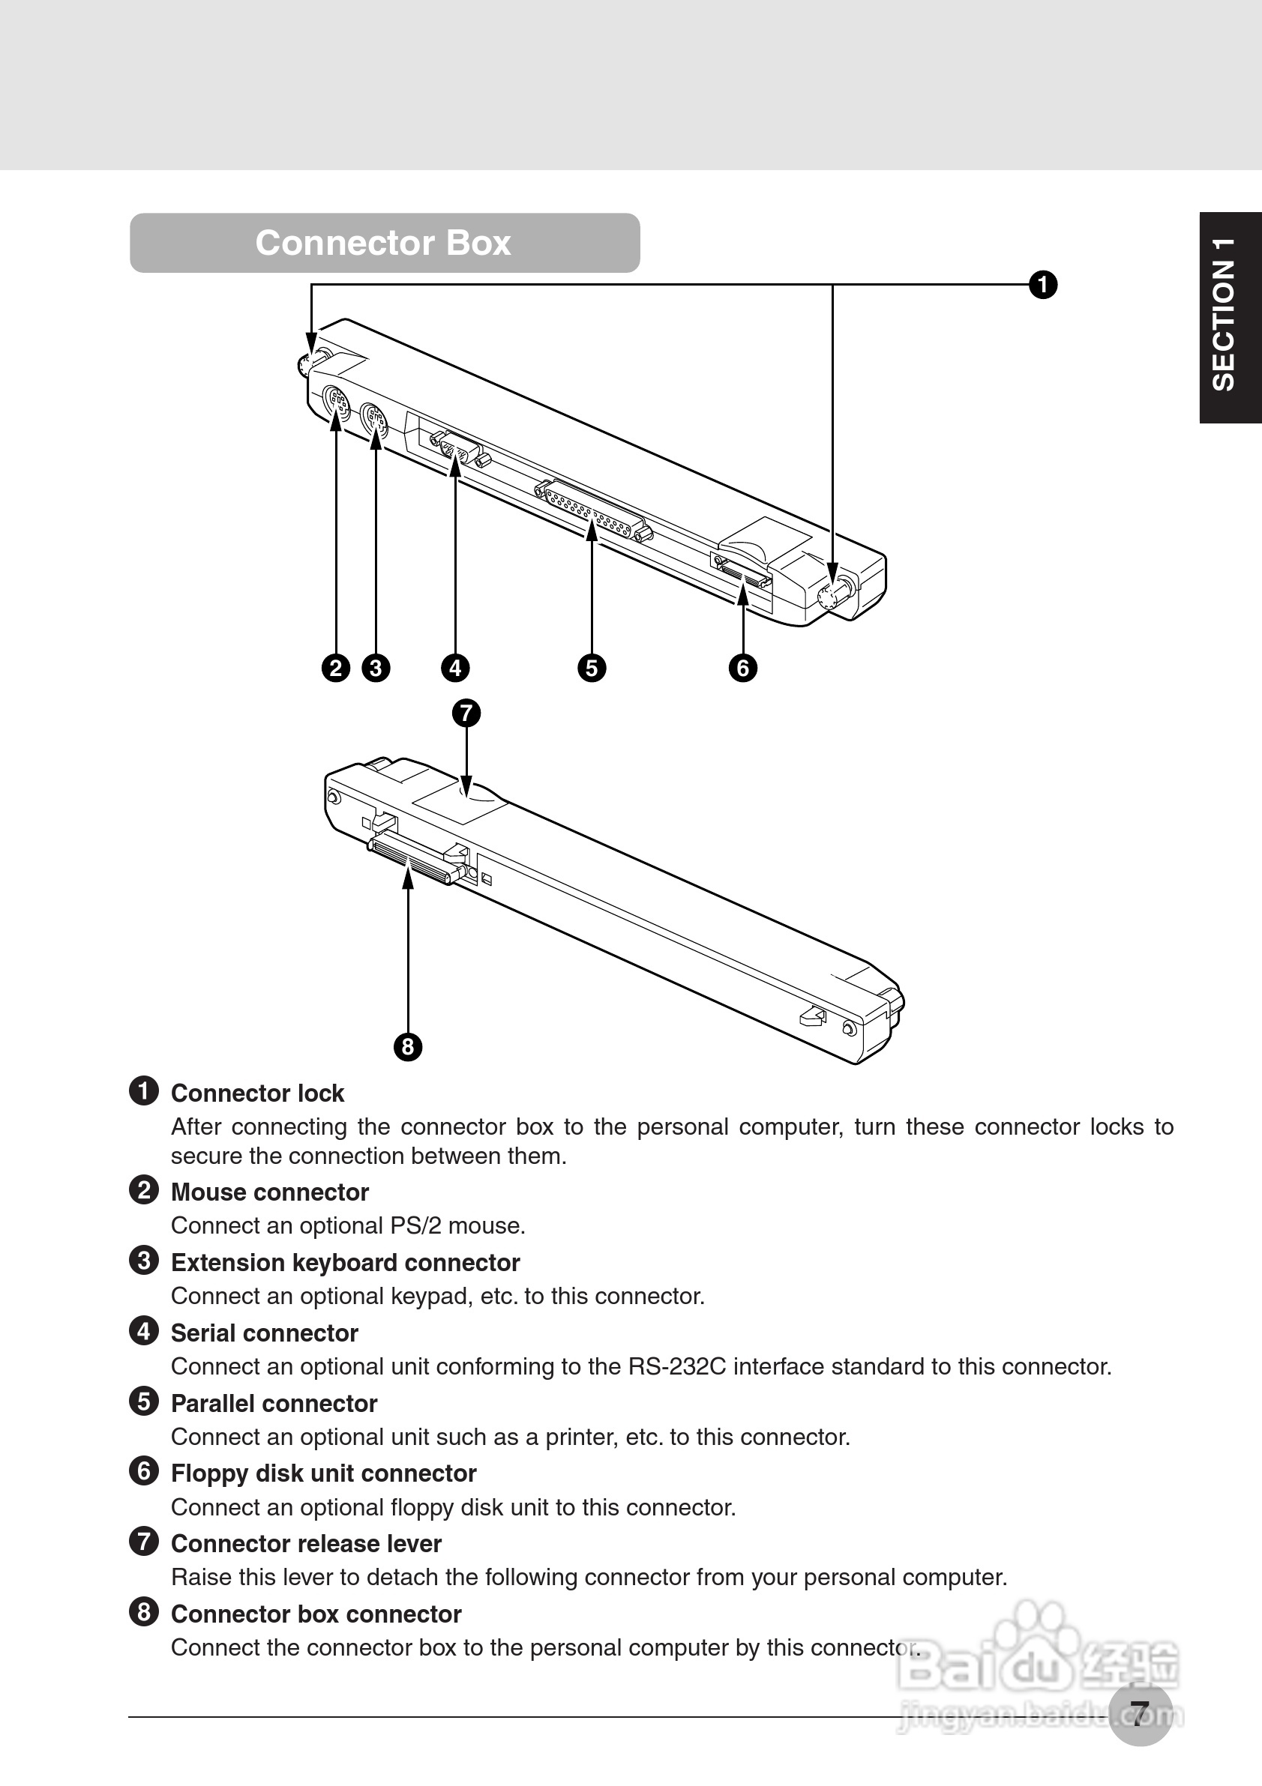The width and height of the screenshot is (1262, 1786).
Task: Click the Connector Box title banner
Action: [385, 243]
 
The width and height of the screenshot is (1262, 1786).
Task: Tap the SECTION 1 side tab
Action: [1229, 316]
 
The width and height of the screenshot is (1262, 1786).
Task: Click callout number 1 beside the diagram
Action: [1042, 285]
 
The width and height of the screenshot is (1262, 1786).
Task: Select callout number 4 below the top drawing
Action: [455, 669]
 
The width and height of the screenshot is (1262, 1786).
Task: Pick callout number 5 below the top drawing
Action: [592, 669]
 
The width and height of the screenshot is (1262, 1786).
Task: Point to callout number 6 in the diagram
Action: [743, 669]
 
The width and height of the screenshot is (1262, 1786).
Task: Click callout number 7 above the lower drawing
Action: [466, 714]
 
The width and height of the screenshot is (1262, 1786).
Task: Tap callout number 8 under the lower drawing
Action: [408, 1047]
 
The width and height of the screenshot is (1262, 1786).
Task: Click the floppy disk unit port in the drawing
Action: [743, 575]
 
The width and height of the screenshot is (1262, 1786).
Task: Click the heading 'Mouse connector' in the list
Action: [269, 1192]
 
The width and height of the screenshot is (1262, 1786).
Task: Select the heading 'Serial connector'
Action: [265, 1333]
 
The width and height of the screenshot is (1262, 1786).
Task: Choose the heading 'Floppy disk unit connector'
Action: [323, 1473]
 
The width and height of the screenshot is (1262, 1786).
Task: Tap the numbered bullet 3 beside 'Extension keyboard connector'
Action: [144, 1261]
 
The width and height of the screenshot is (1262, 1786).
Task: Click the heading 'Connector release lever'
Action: [306, 1543]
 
